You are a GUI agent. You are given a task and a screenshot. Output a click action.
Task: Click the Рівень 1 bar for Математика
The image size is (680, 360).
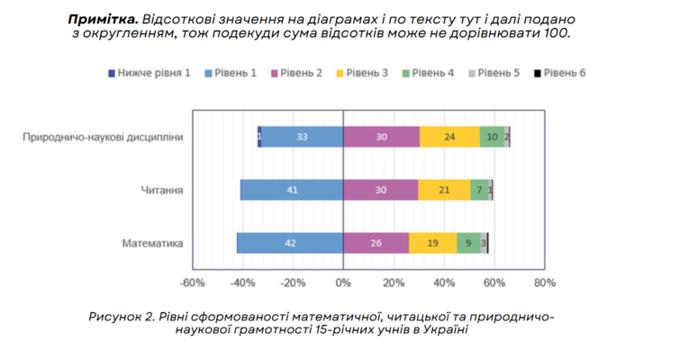pos(290,243)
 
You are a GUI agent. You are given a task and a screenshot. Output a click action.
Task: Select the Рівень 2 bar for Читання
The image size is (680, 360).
pos(381,190)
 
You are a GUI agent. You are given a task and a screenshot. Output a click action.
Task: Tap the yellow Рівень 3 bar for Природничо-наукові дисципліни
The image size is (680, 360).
pos(449,137)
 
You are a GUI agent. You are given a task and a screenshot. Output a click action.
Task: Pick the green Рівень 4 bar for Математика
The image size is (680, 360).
pos(468,243)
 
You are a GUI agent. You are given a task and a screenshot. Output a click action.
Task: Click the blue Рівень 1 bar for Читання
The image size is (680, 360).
pos(292,190)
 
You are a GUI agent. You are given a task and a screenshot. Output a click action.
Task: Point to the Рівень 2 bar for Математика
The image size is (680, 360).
pos(376,243)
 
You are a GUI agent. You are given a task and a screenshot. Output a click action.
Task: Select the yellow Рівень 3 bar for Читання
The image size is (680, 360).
pos(444,190)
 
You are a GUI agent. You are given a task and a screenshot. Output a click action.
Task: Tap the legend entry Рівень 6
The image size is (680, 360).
pos(559,72)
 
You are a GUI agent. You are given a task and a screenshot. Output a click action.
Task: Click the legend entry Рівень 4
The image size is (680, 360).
pos(428,72)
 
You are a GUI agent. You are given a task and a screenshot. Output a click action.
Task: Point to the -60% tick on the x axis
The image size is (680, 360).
pos(192,282)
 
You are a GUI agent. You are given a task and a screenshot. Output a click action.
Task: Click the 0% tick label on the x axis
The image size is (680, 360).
pos(343,282)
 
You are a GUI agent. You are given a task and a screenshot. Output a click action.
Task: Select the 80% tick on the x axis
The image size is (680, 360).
pos(544,282)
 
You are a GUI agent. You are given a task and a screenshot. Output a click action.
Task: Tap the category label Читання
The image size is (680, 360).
pos(163,190)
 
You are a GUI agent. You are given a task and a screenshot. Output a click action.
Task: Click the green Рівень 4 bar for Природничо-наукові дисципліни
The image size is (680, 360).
pos(492,137)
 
